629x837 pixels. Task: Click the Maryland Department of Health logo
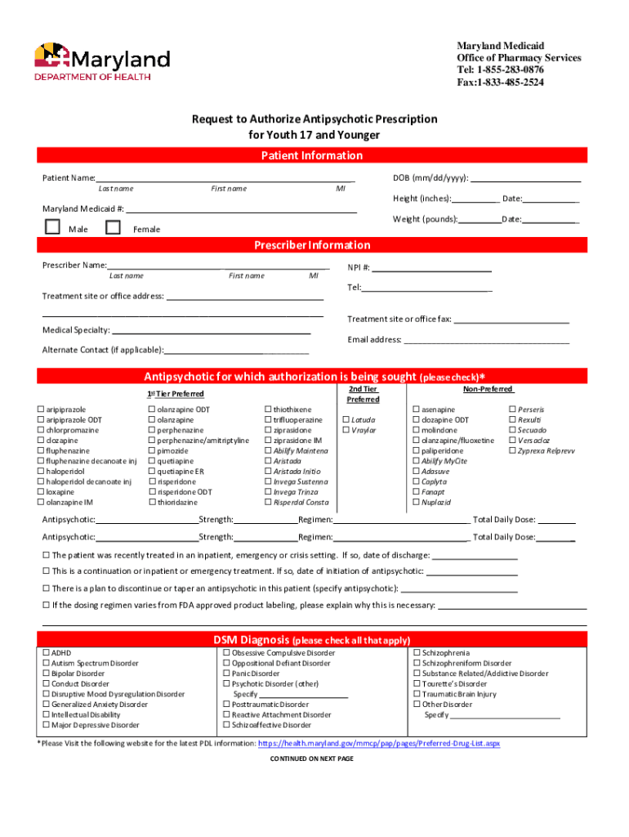101,62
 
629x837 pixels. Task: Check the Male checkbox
52,228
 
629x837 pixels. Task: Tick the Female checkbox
113,228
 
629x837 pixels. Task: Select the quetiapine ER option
152,472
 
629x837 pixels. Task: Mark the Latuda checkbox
346,420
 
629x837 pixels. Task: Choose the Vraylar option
346,430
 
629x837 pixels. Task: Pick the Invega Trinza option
266,492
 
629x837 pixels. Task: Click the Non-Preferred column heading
488,390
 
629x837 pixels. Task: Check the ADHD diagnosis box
46,653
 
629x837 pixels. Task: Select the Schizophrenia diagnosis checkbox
417,653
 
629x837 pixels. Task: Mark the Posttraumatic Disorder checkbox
226,705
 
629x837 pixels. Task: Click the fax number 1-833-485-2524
500,83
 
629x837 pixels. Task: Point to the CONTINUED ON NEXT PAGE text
311,759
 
